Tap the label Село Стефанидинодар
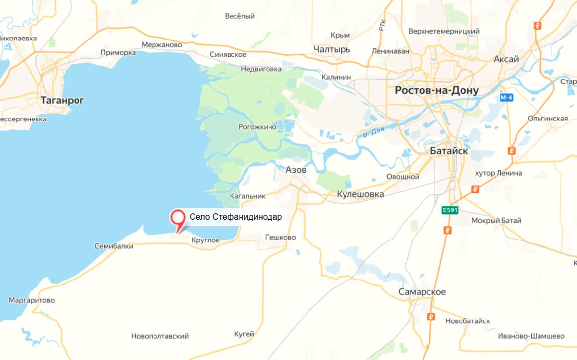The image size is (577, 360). point(235,217)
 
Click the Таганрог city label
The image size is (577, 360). point(62,100)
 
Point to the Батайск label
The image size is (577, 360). point(449,151)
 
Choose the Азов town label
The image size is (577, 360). point(296,170)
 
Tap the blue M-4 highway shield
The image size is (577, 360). point(506,98)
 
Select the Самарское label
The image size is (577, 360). point(422,292)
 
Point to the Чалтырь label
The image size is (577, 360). point(332,50)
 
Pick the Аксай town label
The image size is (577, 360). point(506,59)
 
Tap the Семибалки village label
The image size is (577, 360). point(114,246)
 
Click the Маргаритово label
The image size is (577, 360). point(32,300)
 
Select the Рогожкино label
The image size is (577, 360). point(258,127)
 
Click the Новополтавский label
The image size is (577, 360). point(160,336)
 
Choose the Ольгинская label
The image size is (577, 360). point(547,119)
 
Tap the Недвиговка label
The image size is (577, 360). point(261,69)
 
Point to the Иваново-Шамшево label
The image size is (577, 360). point(531,336)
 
